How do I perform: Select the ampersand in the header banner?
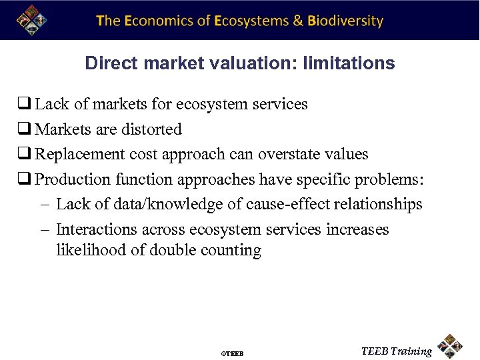pyautogui.click(x=297, y=21)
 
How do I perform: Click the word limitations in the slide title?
pyautogui.click(x=349, y=63)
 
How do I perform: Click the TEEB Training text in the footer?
pyautogui.click(x=396, y=351)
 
